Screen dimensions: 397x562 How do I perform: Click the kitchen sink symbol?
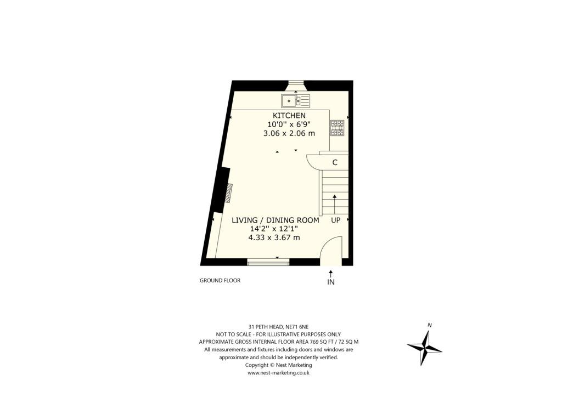[x=296, y=100]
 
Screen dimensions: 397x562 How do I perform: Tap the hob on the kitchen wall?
[x=337, y=128]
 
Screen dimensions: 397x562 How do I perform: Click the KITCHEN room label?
[x=289, y=116]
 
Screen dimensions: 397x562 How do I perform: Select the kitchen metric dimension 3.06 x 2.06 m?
[x=288, y=133]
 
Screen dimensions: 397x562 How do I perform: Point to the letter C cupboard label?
[x=334, y=163]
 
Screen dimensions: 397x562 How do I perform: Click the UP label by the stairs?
[x=336, y=220]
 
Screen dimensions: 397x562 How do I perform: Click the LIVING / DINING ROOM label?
[x=275, y=220]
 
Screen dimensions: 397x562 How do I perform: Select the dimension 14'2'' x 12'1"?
[x=275, y=229]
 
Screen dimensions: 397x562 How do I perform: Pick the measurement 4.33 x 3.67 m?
[x=274, y=238]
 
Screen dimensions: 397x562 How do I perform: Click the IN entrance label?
[x=331, y=282]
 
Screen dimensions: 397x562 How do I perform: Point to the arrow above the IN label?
[x=331, y=273]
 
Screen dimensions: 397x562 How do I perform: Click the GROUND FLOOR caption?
[x=220, y=281]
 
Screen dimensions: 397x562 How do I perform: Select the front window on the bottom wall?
[x=268, y=262]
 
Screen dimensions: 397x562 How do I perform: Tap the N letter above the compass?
[x=429, y=325]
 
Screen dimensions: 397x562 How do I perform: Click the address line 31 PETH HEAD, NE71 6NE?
[x=278, y=327]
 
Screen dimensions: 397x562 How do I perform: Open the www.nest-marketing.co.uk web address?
[x=278, y=372]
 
